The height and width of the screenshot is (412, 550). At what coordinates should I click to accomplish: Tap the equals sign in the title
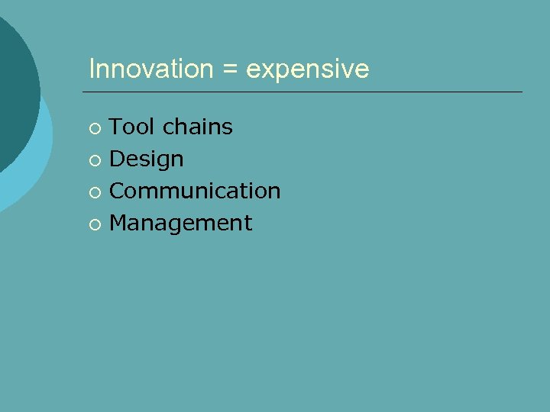click(x=229, y=70)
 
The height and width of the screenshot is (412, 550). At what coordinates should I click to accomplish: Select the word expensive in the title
click(x=308, y=70)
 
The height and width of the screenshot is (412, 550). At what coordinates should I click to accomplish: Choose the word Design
click(x=147, y=159)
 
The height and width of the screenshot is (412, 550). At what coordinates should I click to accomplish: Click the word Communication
click(x=195, y=191)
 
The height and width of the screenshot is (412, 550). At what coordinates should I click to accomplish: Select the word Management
click(x=181, y=223)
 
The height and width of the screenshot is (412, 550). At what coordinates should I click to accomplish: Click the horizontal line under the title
click(x=306, y=92)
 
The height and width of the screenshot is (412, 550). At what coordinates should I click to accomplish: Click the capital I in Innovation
click(x=92, y=69)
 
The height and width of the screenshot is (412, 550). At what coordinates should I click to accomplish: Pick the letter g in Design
click(x=162, y=161)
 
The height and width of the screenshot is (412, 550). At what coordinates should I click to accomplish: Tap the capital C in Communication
click(x=118, y=191)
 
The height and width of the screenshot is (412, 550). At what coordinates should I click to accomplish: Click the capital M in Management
click(x=119, y=223)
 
